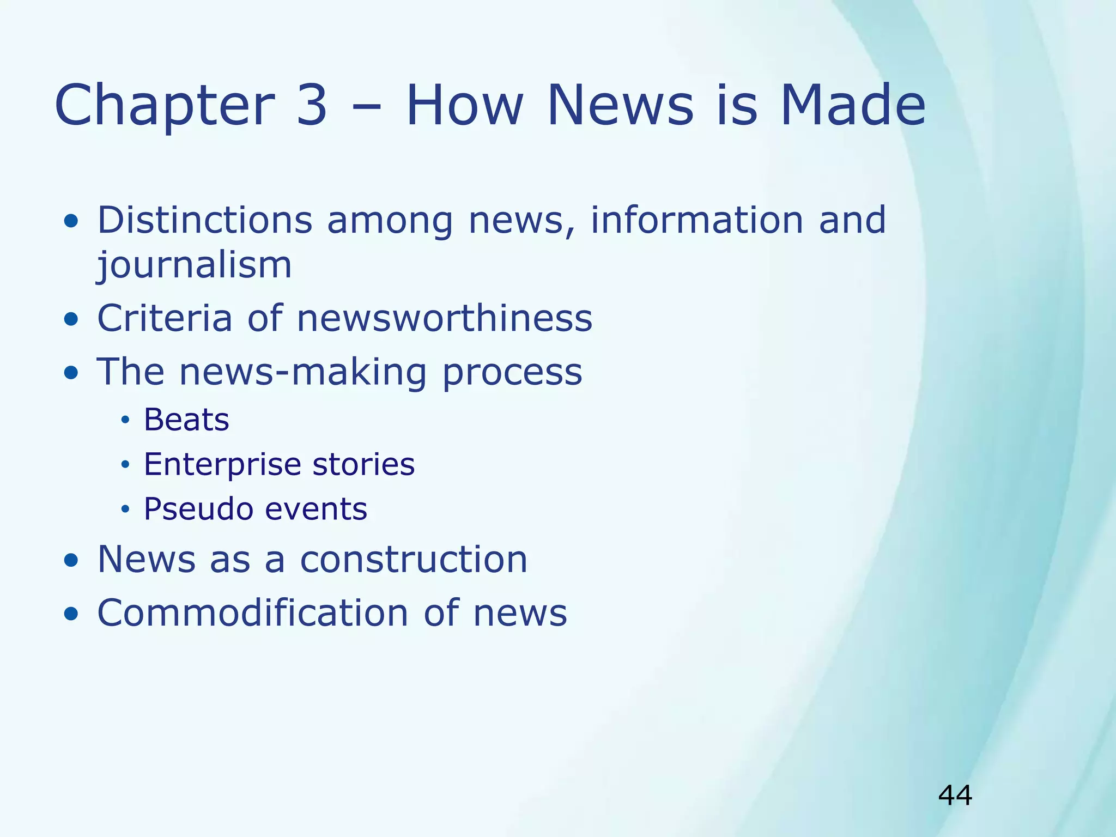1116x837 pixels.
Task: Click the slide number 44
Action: point(955,795)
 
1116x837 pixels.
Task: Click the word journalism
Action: point(195,265)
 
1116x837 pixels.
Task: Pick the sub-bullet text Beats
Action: point(186,420)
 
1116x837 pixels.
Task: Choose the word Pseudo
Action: point(198,510)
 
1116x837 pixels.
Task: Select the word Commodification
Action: point(252,612)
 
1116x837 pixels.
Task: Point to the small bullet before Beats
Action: point(125,420)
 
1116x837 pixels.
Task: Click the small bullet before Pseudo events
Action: point(125,510)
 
